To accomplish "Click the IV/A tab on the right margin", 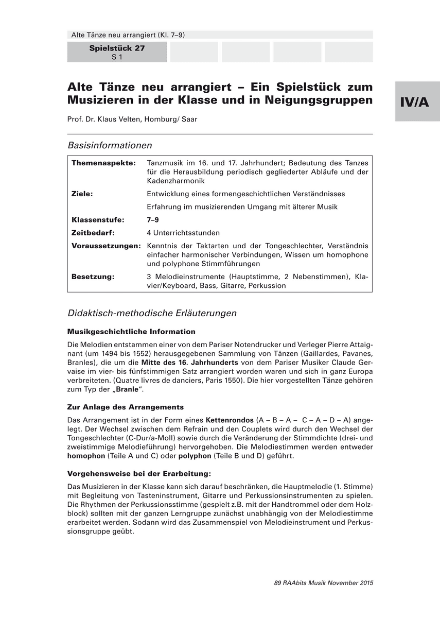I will (x=417, y=101).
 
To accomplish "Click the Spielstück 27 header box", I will (x=117, y=52).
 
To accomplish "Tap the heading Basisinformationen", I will (x=109, y=146).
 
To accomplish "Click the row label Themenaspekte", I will (x=103, y=163).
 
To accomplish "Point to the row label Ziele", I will (x=82, y=194).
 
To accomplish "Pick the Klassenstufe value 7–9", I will (x=153, y=219).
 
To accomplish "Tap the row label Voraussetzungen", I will (x=106, y=246).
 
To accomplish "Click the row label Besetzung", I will (x=93, y=277).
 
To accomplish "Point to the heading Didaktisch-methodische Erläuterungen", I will (x=152, y=313).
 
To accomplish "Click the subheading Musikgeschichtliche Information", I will (x=131, y=331).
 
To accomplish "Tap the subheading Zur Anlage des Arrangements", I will (x=125, y=407).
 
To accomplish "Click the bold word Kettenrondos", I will (x=230, y=420).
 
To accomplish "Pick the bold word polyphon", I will (x=195, y=456).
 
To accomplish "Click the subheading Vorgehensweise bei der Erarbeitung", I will (x=139, y=473).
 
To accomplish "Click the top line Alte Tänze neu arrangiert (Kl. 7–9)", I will (x=128, y=35).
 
